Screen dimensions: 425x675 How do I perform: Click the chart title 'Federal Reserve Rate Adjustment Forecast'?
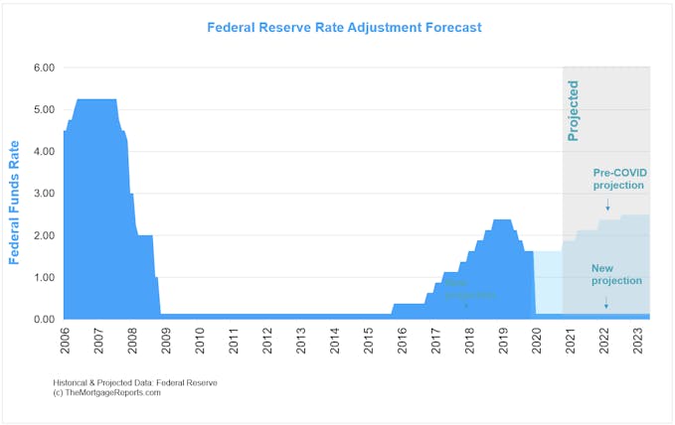[x=344, y=28]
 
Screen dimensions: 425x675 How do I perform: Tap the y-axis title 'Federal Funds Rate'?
[x=15, y=202]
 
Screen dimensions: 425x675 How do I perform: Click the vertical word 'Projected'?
[x=574, y=112]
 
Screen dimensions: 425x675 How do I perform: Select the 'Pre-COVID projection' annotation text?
[x=618, y=179]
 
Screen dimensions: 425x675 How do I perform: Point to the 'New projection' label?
[x=616, y=274]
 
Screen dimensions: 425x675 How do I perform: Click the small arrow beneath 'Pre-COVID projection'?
[x=607, y=204]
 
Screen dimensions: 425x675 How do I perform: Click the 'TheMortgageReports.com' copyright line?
[x=107, y=392]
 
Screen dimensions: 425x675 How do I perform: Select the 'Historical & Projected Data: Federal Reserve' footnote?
[x=136, y=382]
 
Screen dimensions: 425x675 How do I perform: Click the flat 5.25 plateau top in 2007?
[x=96, y=99]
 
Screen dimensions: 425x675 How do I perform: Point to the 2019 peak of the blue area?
[x=502, y=219]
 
